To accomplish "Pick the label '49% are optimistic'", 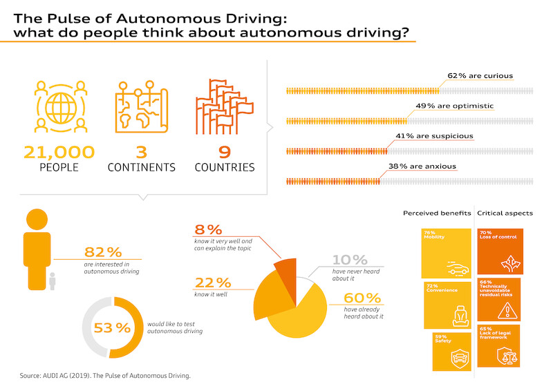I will [445, 106].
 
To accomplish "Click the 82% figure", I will [103, 252].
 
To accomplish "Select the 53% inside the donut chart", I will [111, 327].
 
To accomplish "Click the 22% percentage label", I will [214, 283].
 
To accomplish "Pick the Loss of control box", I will [500, 252].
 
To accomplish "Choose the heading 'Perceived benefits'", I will [437, 213].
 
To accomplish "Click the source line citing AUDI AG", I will [104, 376].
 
